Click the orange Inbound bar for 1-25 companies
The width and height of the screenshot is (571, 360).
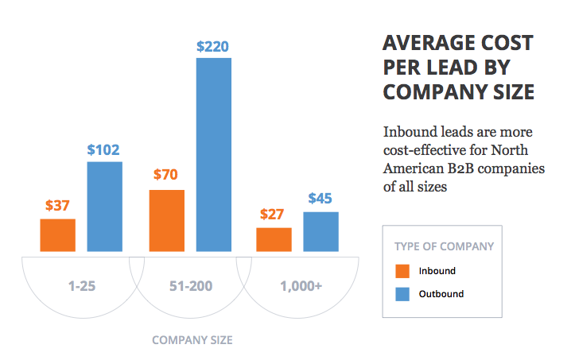pos(57,235)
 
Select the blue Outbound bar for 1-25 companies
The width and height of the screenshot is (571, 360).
pos(104,207)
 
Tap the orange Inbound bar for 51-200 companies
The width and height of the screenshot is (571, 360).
pos(166,221)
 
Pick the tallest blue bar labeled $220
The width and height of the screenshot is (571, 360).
pos(213,155)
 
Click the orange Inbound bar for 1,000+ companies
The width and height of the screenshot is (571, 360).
pos(274,240)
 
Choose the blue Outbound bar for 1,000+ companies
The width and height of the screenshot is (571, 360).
pos(320,232)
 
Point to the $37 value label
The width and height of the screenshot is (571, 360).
pos(57,206)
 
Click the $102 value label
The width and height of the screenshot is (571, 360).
pos(104,149)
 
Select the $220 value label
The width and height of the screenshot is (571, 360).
pos(213,45)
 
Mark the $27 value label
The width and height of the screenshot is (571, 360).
pos(274,215)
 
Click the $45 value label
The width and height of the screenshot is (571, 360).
pos(320,199)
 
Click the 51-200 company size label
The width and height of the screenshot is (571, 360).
pos(190,285)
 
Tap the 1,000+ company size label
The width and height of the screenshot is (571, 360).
pos(301,285)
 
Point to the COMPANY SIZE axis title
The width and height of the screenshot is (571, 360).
pos(192,340)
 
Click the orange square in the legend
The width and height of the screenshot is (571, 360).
pos(402,271)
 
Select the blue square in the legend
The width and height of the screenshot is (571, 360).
pos(402,294)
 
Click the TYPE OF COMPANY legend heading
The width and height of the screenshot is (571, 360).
pos(444,246)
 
